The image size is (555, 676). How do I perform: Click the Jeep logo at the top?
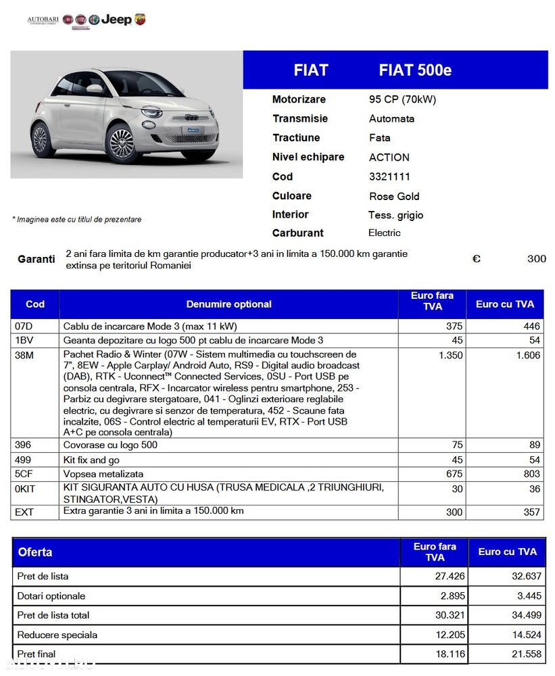[116, 20]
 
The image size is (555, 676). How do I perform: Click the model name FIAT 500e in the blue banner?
[415, 70]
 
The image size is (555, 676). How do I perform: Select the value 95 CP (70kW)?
[402, 99]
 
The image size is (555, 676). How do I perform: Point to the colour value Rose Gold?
[394, 196]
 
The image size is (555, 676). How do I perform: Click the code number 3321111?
[389, 176]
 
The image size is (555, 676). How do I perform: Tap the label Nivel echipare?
[308, 157]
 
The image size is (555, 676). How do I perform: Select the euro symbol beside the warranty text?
[476, 258]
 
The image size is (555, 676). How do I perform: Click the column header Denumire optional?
[228, 304]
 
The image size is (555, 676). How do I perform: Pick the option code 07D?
[24, 326]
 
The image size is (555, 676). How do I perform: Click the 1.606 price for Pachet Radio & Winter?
[528, 356]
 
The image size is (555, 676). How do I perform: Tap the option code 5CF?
[24, 474]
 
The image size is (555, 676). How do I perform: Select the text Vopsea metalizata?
[103, 474]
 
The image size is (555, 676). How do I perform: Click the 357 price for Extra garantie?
[532, 512]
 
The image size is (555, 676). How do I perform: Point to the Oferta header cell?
[35, 552]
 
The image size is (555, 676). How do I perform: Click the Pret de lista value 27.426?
[449, 577]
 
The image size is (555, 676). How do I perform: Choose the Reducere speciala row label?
[57, 635]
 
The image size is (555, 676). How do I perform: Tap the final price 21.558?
[525, 654]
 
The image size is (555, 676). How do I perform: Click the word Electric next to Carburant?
[384, 233]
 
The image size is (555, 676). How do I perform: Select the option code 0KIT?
[26, 489]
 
